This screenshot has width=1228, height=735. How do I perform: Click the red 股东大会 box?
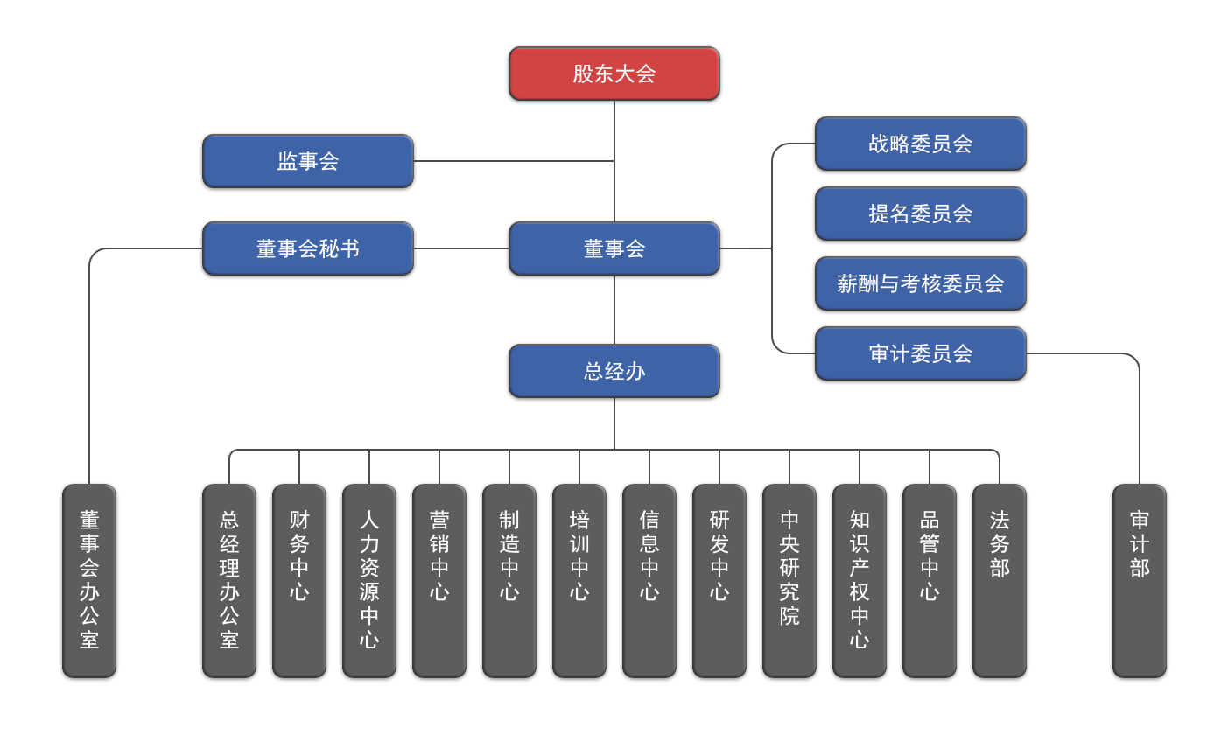(x=614, y=73)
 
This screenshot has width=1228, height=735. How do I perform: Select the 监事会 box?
(x=307, y=161)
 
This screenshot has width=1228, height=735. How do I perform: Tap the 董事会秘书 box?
(x=307, y=248)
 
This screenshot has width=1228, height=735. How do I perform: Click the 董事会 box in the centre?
(x=614, y=248)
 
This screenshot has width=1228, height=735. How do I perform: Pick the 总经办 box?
(x=614, y=371)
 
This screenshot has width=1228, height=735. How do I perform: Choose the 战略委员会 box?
(x=920, y=143)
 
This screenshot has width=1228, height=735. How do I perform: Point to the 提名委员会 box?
(x=920, y=213)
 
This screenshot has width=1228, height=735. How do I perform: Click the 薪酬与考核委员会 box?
(x=920, y=283)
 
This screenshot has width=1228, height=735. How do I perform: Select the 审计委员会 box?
(x=920, y=353)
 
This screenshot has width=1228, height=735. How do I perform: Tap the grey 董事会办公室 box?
(x=89, y=580)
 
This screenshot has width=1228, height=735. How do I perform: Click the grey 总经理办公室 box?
(x=229, y=580)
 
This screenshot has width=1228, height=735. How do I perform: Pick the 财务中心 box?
(x=299, y=580)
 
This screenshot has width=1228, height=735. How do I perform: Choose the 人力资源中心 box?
(x=369, y=580)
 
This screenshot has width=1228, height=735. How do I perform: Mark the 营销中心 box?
(x=439, y=580)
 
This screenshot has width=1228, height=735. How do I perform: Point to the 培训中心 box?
(x=579, y=580)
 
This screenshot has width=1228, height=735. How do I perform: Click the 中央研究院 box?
(x=789, y=580)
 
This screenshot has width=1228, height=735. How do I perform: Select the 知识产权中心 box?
(x=860, y=580)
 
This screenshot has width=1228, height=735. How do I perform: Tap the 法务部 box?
(x=1000, y=580)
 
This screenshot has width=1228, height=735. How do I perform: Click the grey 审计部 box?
(x=1140, y=580)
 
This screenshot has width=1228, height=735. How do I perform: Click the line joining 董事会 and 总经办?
(x=614, y=310)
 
